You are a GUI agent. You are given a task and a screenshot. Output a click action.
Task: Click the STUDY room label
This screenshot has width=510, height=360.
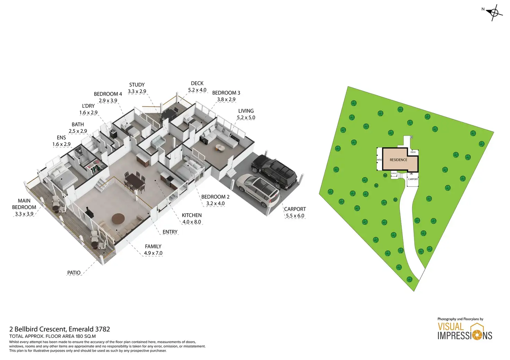coord(137,85)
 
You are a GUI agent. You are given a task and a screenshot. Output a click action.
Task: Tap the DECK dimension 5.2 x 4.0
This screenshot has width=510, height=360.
coord(197,90)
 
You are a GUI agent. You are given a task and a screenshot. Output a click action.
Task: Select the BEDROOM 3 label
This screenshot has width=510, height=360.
coord(226,93)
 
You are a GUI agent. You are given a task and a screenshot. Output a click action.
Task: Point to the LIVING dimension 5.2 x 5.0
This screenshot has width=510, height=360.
coord(246,118)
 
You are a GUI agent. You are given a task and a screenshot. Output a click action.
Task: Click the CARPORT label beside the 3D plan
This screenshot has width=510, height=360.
coord(295,209)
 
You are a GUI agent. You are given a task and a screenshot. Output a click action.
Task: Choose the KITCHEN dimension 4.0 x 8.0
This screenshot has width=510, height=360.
coord(192,222)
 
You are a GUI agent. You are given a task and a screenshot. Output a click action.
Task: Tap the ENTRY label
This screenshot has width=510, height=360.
coord(170,232)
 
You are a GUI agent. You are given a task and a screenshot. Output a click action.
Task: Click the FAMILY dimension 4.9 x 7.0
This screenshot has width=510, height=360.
coord(153,253)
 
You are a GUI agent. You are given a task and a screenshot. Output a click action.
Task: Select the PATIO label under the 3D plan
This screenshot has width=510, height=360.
coord(74,273)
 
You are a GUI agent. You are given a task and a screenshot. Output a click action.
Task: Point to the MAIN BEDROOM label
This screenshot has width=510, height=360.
coord(24,204)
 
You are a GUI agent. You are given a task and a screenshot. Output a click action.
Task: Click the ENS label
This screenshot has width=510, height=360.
coord(61,138)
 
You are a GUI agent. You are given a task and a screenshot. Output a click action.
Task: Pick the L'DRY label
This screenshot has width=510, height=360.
coord(88,106)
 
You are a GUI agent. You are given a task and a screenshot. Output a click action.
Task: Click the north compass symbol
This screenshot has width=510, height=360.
coord(494,13)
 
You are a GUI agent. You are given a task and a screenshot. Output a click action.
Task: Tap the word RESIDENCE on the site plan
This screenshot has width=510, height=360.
coord(398,160)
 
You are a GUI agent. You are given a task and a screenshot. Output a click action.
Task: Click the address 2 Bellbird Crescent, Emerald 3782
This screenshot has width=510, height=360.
coord(60,329)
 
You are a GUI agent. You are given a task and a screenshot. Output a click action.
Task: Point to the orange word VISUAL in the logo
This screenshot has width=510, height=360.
coord(450,327)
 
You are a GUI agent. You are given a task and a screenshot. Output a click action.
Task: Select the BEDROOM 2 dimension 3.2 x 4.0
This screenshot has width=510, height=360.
coord(215,204)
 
